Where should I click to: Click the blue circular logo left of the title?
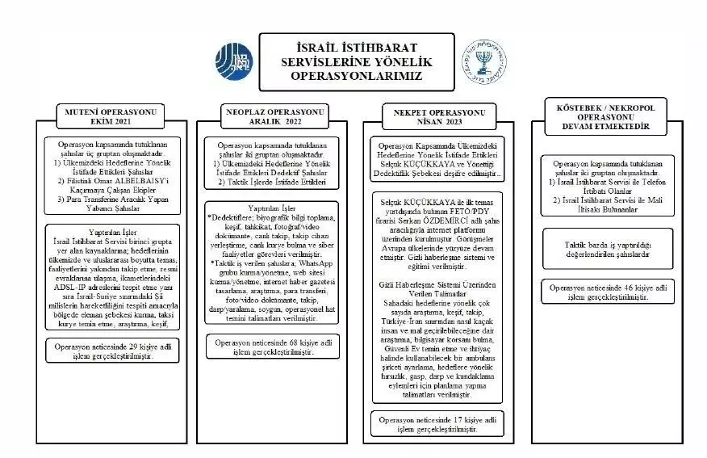point(234,61)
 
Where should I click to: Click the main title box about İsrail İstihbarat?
point(357,61)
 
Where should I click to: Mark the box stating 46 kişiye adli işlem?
point(603,292)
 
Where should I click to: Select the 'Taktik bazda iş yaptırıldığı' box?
point(603,249)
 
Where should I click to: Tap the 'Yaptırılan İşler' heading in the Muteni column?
point(111,230)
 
